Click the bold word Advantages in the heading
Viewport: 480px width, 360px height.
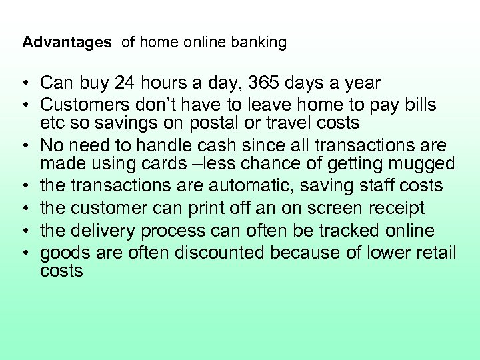point(67,43)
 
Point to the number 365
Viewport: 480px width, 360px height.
point(274,83)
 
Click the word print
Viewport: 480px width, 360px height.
point(193,209)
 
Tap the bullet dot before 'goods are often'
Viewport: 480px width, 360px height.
point(23,253)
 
